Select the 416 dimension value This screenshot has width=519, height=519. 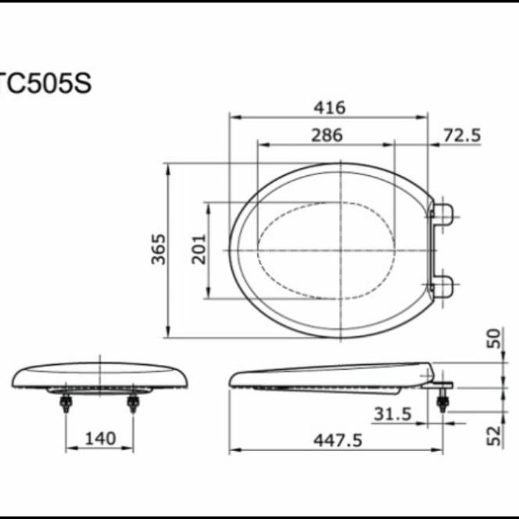328,108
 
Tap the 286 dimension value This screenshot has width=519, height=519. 326,134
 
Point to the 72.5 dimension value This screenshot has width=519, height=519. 461,134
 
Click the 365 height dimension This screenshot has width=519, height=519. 159,249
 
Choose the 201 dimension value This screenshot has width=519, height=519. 199,249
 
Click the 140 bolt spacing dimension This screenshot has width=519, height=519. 98,438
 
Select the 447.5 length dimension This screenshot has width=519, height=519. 337,441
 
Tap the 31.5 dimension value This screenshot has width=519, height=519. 392,414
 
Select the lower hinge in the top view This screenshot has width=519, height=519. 442,286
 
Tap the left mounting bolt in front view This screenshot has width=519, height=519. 66,403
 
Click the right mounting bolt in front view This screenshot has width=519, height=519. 133,403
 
